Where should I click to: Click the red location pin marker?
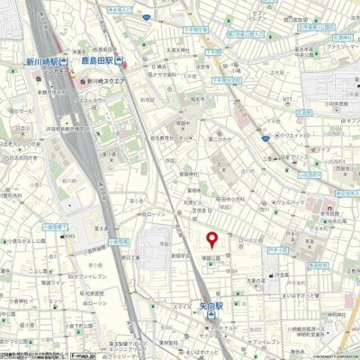(x=212, y=239)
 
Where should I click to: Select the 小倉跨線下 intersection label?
(x=29, y=227)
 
